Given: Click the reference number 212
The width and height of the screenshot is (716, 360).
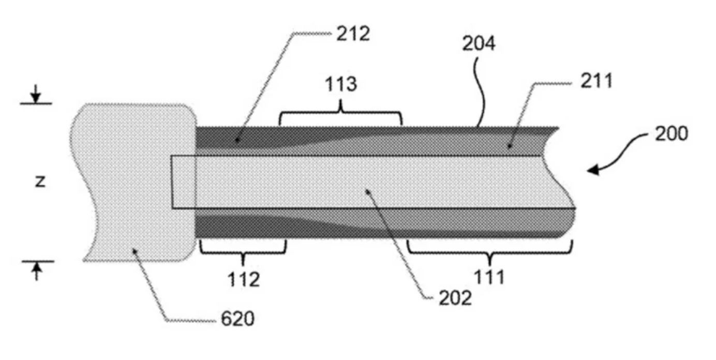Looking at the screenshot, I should click(x=353, y=34).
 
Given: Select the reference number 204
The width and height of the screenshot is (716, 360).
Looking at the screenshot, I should click(x=479, y=44).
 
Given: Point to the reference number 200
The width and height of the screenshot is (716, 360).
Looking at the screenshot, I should click(x=671, y=133).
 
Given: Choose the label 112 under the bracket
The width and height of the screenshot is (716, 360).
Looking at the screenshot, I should click(x=243, y=279).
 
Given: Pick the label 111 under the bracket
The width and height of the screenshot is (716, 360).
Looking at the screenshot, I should click(x=489, y=278).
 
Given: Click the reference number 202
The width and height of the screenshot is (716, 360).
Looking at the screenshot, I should click(x=455, y=298).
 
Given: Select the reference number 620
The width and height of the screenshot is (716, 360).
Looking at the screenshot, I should click(x=237, y=319).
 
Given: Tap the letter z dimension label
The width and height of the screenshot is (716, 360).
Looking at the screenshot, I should click(x=40, y=182).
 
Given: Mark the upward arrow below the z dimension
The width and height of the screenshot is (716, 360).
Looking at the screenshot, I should click(x=36, y=271).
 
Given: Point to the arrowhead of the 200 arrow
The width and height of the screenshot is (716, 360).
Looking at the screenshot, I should click(x=594, y=169).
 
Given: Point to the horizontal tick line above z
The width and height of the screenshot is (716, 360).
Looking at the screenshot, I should click(x=36, y=103).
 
